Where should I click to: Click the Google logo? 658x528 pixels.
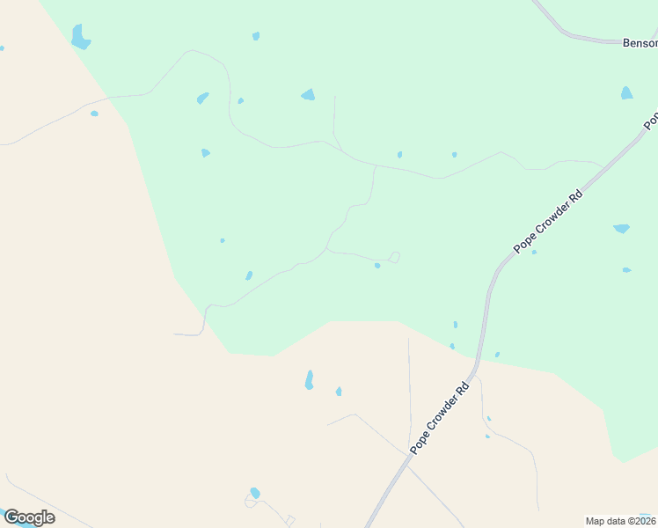pyautogui.click(x=29, y=517)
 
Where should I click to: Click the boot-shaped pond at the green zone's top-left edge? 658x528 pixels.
pyautogui.click(x=80, y=38)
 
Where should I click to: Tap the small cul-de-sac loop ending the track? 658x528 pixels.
pyautogui.click(x=395, y=257)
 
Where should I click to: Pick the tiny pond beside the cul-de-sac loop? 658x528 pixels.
pyautogui.click(x=377, y=265)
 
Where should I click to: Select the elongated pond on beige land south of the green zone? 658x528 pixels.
pyautogui.click(x=310, y=380)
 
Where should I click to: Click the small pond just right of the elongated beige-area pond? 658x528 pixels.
pyautogui.click(x=339, y=392)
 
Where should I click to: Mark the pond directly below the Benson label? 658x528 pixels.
pyautogui.click(x=626, y=93)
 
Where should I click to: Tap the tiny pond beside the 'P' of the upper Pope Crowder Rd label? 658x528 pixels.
pyautogui.click(x=534, y=253)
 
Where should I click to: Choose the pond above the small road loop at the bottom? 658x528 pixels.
pyautogui.click(x=255, y=493)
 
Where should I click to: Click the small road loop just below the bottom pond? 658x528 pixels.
pyautogui.click(x=249, y=502)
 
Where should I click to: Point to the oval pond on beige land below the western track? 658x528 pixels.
pyautogui.click(x=94, y=114)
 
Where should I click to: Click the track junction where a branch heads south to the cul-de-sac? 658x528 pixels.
pyautogui.click(x=376, y=165)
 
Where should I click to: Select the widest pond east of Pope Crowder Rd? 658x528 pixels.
pyautogui.click(x=621, y=229)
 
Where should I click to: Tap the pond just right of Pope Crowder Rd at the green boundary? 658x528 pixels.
pyautogui.click(x=497, y=355)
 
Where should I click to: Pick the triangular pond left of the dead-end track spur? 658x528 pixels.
pyautogui.click(x=308, y=95)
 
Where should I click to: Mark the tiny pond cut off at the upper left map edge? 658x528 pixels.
pyautogui.click(x=2, y=48)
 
